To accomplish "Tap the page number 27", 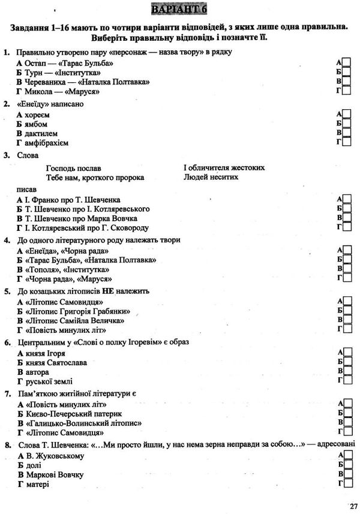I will click(351, 505).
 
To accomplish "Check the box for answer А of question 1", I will click(347, 63).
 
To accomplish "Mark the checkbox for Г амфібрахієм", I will click(347, 142).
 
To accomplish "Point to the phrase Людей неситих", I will click(211, 178).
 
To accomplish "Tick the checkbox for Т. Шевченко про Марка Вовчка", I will click(347, 218).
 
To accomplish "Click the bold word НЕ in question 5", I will click(108, 291).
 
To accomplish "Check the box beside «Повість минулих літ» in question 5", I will click(347, 329).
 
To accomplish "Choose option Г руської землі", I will click(45, 381).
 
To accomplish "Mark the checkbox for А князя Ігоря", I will click(347, 352).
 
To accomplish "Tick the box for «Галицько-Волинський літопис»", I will click(347, 422).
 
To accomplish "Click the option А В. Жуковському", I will click(50, 456).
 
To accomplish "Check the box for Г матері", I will click(347, 483).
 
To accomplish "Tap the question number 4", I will click(6, 240).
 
